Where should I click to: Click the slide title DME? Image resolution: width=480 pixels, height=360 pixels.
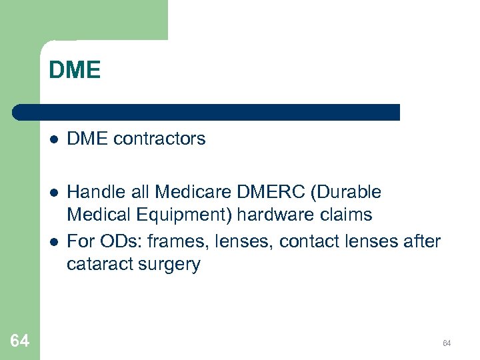75,71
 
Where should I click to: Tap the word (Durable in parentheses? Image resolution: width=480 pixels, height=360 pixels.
345,193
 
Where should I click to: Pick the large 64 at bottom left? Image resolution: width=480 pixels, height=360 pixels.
20,341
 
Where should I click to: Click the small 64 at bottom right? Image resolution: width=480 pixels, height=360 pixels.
447,343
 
